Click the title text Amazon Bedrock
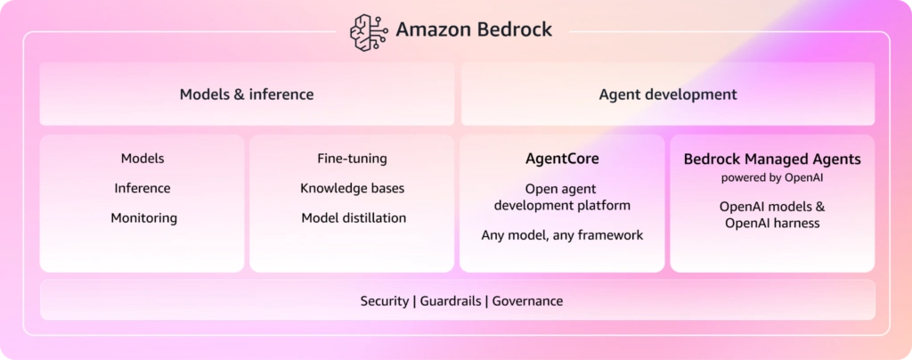tap(474, 29)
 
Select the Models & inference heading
tap(247, 94)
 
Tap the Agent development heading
tap(668, 94)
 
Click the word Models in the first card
tap(142, 159)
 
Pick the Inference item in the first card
tap(142, 188)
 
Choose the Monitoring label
tap(143, 218)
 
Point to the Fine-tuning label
tap(353, 159)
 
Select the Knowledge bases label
tap(353, 188)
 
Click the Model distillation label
tap(354, 218)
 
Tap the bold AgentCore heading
tap(562, 159)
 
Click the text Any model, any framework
tap(563, 235)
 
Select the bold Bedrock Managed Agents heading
tap(772, 160)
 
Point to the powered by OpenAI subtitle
tap(772, 178)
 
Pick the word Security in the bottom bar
tap(385, 301)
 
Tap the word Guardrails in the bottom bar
tap(451, 301)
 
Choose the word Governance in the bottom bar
tap(527, 301)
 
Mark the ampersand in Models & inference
tap(239, 94)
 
